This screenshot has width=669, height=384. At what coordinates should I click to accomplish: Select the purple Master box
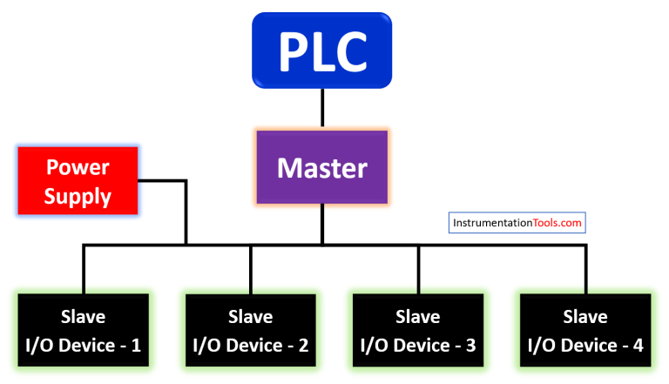(x=321, y=167)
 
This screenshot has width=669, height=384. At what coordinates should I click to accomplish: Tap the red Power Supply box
(x=78, y=181)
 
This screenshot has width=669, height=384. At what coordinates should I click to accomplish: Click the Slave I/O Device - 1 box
(x=84, y=330)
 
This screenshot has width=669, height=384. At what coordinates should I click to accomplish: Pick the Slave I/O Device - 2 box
(x=251, y=330)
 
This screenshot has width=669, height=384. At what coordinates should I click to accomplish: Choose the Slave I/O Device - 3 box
(x=418, y=330)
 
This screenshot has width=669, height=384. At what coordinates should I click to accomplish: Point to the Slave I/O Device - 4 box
(x=585, y=330)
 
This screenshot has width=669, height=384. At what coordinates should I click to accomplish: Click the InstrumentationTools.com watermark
(x=517, y=223)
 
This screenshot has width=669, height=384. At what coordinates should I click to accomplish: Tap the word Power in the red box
(x=78, y=166)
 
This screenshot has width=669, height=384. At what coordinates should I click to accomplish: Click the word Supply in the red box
(x=78, y=197)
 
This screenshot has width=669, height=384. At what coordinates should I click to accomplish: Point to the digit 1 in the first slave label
(x=136, y=345)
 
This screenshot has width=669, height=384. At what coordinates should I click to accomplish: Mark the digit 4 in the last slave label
(x=638, y=345)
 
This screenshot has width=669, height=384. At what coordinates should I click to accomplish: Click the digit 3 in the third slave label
(x=470, y=345)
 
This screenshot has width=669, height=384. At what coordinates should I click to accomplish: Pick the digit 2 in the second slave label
(x=303, y=345)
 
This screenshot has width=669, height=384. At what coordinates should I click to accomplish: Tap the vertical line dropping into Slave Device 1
(x=84, y=270)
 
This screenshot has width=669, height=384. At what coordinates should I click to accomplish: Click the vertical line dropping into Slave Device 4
(x=585, y=270)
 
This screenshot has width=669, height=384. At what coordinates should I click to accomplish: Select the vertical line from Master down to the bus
(x=321, y=225)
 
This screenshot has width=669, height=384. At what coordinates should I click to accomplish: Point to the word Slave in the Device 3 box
(x=418, y=316)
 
